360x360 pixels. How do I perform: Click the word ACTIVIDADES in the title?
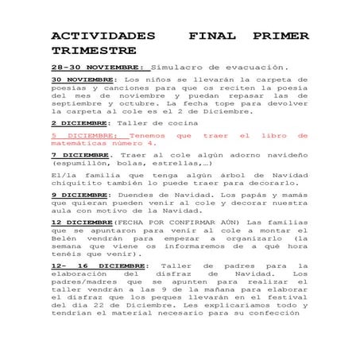coord(103,37)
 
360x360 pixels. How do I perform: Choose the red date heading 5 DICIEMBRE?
coord(83,136)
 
